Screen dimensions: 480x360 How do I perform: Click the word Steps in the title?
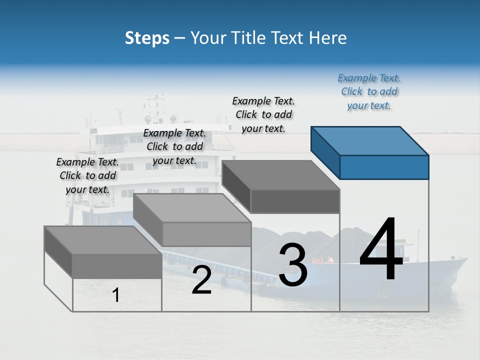[x=147, y=38]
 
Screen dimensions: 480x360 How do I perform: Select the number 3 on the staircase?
[x=293, y=265]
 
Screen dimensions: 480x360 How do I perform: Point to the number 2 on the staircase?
[x=201, y=280]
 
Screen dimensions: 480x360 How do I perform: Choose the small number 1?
[x=116, y=295]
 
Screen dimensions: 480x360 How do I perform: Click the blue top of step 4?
[x=370, y=140]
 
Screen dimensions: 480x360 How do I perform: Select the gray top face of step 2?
[x=192, y=208]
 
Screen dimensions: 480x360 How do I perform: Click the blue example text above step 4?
[x=369, y=92]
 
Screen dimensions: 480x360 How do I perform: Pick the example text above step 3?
[x=263, y=115]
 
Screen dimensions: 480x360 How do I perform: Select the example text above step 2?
[x=174, y=147]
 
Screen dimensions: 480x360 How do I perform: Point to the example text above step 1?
[x=87, y=176]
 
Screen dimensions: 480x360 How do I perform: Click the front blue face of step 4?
[x=384, y=167]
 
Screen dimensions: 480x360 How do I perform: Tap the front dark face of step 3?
[x=295, y=201]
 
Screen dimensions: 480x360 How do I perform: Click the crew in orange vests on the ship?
[x=323, y=260]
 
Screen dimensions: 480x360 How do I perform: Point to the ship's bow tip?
[x=467, y=258]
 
